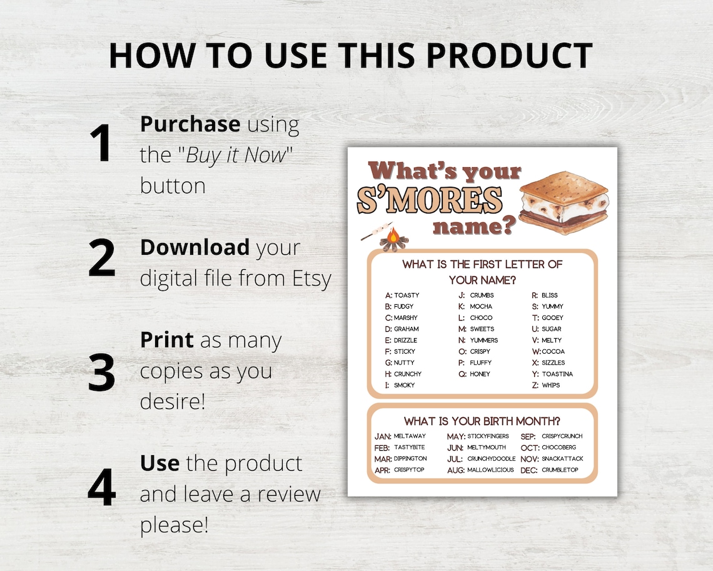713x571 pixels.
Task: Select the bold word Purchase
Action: pos(190,124)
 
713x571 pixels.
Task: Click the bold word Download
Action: pos(194,247)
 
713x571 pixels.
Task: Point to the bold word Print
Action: pos(166,340)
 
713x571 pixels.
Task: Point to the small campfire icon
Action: pos(392,239)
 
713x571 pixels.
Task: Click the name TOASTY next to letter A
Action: pos(407,295)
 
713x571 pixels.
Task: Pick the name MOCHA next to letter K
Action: pos(481,306)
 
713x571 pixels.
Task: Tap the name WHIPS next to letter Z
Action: pos(551,385)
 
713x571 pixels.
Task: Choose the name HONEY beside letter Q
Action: pos(480,374)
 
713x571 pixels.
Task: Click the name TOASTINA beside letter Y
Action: pos(557,374)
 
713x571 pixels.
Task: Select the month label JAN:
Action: pos(383,436)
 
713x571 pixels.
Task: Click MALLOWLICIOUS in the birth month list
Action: pos(490,470)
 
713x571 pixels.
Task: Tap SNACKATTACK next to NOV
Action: pos(562,458)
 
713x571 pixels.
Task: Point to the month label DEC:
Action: pos(529,470)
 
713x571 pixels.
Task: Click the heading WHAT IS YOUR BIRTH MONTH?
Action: pos(482,421)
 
